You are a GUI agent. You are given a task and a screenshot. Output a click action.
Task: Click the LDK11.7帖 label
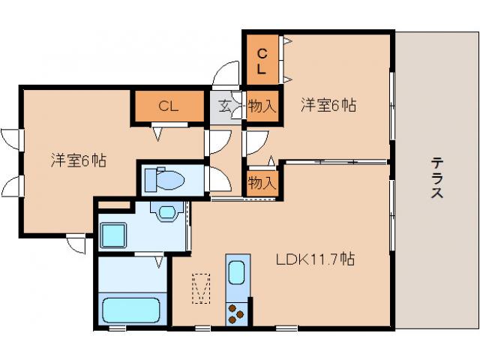point(316,259)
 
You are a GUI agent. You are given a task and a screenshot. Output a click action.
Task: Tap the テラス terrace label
point(436,177)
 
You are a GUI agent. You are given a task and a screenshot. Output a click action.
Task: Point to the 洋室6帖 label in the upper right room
point(328,105)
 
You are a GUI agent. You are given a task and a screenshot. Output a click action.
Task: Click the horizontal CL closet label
point(169,106)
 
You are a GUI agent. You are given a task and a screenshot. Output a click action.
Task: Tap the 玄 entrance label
point(224,106)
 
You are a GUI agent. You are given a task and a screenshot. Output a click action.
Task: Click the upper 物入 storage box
point(262,106)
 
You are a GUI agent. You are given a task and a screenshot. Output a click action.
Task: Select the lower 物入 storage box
point(262,183)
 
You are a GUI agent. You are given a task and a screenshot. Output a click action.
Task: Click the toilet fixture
point(164,179)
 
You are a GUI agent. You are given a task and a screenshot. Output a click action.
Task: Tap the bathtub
point(131,310)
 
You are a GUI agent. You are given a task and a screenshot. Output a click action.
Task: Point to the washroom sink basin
point(166,212)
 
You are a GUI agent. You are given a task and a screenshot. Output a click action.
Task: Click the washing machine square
point(113,235)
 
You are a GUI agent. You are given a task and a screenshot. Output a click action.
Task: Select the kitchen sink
point(237,272)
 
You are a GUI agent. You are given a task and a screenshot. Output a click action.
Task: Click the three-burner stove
point(237,314)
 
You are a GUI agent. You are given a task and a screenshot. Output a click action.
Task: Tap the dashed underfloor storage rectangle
point(201,289)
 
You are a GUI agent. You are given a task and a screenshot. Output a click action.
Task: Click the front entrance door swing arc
point(226,73)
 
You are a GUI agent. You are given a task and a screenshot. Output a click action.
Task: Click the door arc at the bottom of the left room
point(75,243)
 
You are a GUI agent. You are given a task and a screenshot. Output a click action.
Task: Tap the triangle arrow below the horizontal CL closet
point(157,133)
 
